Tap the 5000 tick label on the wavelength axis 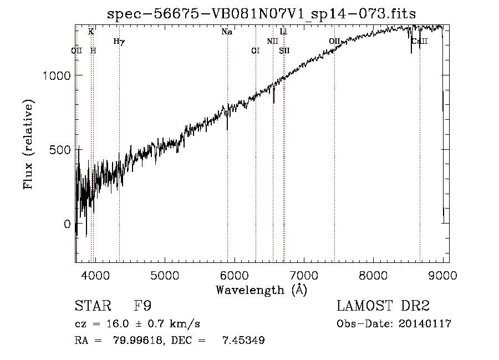pyautogui.click(x=164, y=275)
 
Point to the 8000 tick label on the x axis pyautogui.click(x=373, y=275)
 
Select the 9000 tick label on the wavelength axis pyautogui.click(x=442, y=275)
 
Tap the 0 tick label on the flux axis pyautogui.click(x=68, y=224)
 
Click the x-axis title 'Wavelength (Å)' pyautogui.click(x=261, y=290)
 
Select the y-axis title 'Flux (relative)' pyautogui.click(x=29, y=145)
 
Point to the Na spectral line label pyautogui.click(x=227, y=32)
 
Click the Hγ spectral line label pyautogui.click(x=119, y=41)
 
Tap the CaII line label pyautogui.click(x=420, y=41)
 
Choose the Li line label pyautogui.click(x=283, y=32)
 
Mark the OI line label pyautogui.click(x=255, y=50)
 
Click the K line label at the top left pyautogui.click(x=91, y=32)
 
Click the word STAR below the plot pyautogui.click(x=93, y=307)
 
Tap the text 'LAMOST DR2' pyautogui.click(x=383, y=307)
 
